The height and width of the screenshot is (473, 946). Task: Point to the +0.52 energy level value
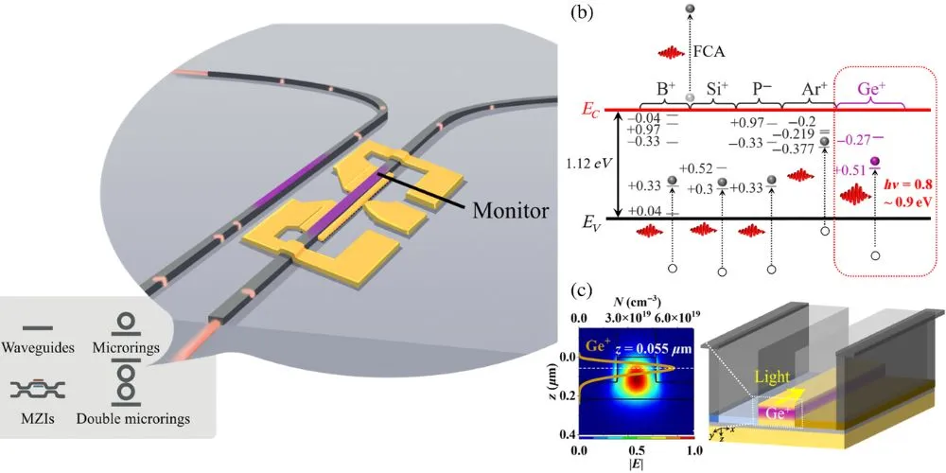(x=706, y=169)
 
